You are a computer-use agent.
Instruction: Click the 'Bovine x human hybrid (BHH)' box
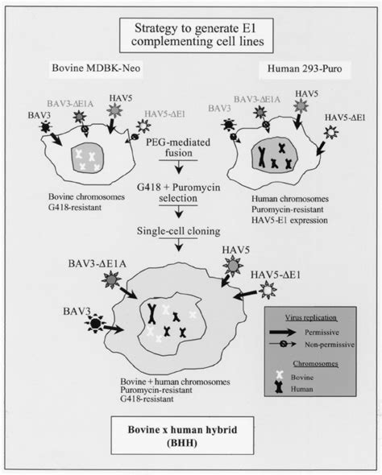(191, 444)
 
